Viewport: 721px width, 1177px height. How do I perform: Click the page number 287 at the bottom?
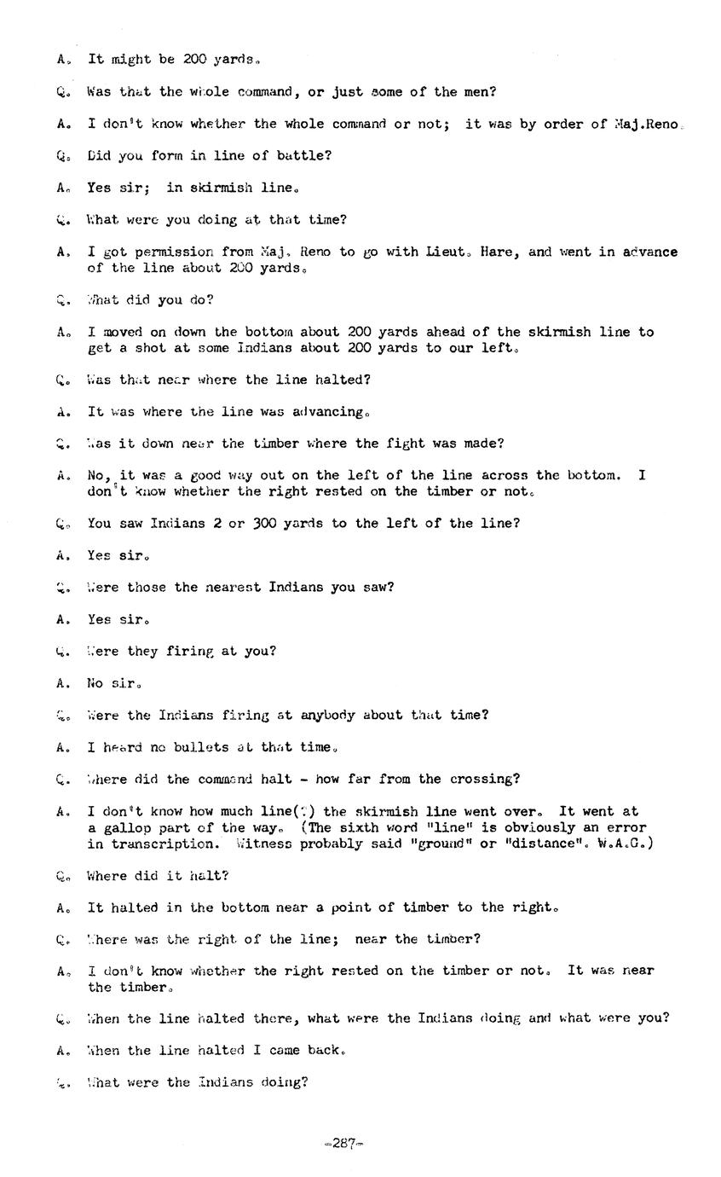pos(343,1144)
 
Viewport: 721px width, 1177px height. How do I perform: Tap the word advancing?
pos(326,412)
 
